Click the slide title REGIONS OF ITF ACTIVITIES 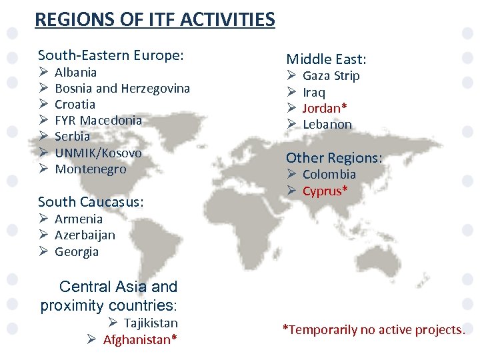(155, 19)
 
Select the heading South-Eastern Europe (111, 55)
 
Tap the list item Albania (75, 72)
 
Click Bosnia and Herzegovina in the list (122, 88)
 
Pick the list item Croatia (75, 104)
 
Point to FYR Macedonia (98, 120)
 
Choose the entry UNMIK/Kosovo (98, 153)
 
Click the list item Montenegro (90, 169)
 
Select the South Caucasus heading (91, 201)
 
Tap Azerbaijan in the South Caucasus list (85, 235)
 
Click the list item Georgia (77, 251)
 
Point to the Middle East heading (327, 59)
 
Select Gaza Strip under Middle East (331, 75)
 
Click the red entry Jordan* (325, 107)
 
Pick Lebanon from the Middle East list (327, 124)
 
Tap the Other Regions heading (334, 158)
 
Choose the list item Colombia (329, 174)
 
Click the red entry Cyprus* (325, 191)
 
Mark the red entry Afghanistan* (140, 339)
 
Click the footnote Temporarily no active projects (373, 329)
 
